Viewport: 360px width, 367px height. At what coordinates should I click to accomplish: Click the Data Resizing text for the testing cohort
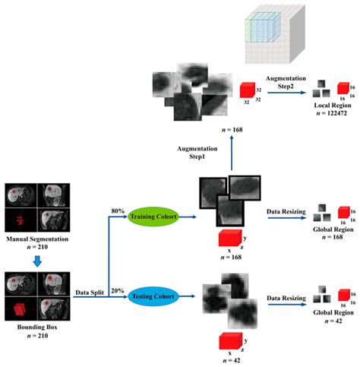tap(283, 291)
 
